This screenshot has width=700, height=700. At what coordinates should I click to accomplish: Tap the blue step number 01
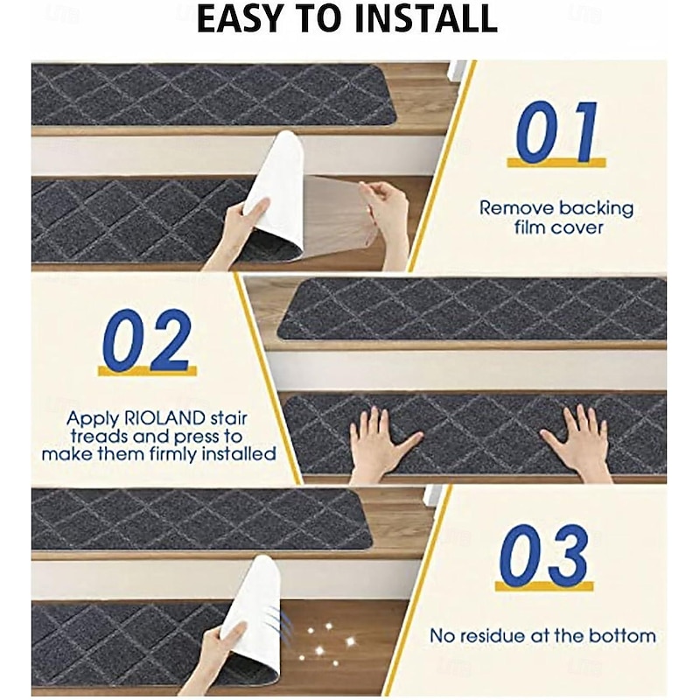pyautogui.click(x=556, y=131)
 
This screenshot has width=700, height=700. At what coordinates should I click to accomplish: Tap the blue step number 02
pyautogui.click(x=146, y=340)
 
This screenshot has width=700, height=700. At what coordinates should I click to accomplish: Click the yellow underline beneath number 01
pyautogui.click(x=556, y=163)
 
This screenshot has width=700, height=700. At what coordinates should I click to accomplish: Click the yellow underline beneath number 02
pyautogui.click(x=146, y=371)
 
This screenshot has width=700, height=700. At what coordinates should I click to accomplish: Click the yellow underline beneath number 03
pyautogui.click(x=543, y=585)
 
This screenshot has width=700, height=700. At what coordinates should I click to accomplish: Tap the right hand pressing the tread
pyautogui.click(x=579, y=442)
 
